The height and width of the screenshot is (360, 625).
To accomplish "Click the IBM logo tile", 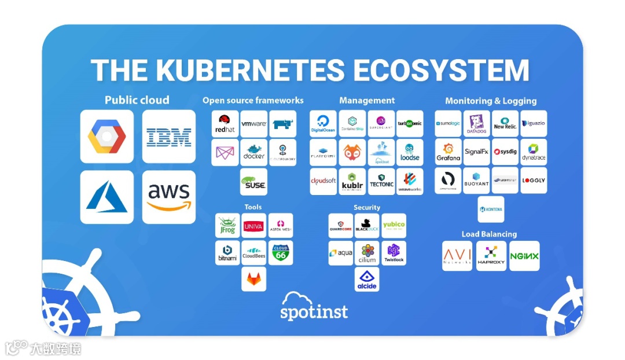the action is tap(169, 137).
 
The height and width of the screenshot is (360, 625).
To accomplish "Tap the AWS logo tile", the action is tap(169, 197).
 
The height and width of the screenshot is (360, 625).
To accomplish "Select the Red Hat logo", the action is tap(225, 124).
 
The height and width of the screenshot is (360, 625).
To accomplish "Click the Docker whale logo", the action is tap(254, 152).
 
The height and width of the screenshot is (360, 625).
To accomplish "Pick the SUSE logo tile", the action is tap(254, 182).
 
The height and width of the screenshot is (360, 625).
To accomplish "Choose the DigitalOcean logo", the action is tap(323, 124).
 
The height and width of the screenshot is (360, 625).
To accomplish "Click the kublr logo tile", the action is tap(352, 181).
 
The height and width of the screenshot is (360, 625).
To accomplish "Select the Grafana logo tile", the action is tap(448, 152).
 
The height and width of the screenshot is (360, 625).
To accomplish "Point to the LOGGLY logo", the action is tap(534, 181).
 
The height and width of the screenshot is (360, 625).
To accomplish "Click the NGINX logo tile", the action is tap(524, 256).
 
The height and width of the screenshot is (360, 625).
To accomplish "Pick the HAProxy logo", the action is tap(491, 256).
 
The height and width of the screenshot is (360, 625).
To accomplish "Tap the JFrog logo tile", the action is tap(227, 225).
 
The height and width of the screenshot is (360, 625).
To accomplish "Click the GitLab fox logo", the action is tap(254, 279).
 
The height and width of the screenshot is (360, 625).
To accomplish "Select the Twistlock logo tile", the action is tap(394, 253).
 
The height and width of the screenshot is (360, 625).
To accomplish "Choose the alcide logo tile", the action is tap(367, 278).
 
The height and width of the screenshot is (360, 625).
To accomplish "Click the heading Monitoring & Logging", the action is tap(491, 101).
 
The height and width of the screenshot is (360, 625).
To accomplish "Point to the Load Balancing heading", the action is tap(489, 234).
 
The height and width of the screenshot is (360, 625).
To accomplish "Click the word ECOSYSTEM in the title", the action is tap(442, 71).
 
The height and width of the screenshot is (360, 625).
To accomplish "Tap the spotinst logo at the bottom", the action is tap(314, 307).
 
